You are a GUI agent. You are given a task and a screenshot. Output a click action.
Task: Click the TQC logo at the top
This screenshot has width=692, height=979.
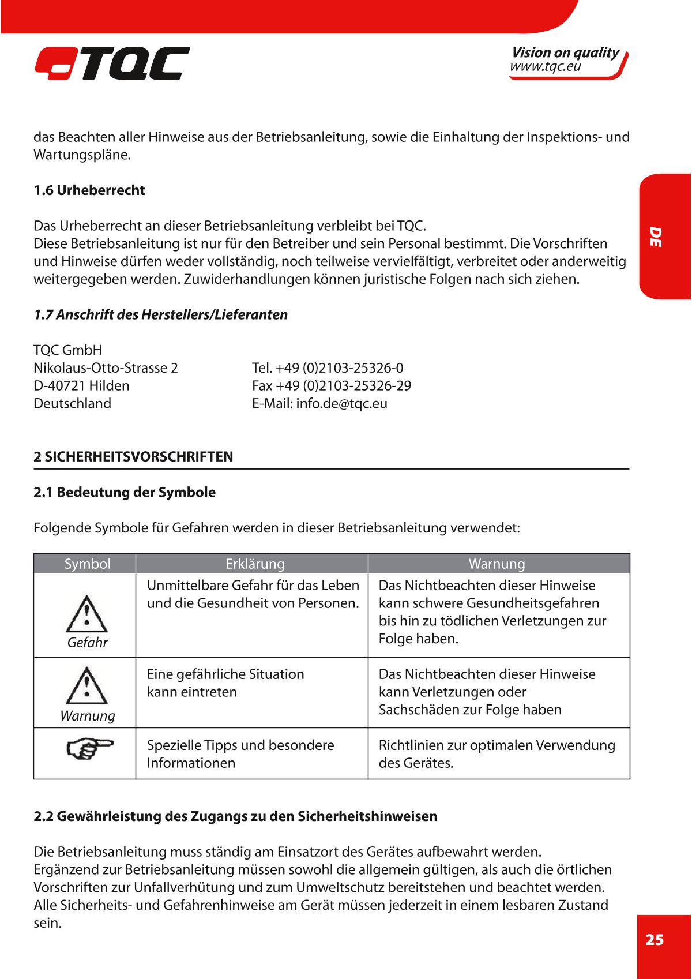(x=112, y=63)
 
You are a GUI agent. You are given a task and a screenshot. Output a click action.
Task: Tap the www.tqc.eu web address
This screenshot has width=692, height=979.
(x=545, y=67)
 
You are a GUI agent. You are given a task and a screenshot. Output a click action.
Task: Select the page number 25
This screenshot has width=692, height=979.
(x=655, y=940)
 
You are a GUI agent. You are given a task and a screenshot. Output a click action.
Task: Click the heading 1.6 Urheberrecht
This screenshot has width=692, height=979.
(x=89, y=190)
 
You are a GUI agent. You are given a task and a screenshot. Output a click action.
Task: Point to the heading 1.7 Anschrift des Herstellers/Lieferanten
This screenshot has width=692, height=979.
(x=160, y=315)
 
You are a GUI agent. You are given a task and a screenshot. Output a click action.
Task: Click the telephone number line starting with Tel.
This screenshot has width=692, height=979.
(x=328, y=368)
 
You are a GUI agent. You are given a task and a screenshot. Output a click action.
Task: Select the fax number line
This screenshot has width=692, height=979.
(x=332, y=385)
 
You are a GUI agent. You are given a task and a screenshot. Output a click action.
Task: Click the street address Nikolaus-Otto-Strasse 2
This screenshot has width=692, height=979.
(x=106, y=368)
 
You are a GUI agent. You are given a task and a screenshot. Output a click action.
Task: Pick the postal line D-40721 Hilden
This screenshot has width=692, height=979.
(x=81, y=385)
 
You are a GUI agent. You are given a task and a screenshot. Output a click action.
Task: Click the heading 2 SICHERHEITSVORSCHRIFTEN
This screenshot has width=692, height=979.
(x=133, y=457)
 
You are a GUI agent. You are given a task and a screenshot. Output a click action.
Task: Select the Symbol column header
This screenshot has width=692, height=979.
(x=87, y=564)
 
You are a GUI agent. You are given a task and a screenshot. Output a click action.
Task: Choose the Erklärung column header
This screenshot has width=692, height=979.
(x=255, y=564)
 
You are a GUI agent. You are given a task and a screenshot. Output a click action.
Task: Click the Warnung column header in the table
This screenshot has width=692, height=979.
(x=497, y=564)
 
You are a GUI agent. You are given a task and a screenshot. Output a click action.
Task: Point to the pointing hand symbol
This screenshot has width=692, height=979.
(x=89, y=748)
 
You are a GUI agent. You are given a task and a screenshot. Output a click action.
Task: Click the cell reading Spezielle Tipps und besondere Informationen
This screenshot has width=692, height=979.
(x=240, y=753)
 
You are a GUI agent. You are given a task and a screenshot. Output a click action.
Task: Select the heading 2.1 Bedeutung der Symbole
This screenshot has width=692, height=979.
(x=125, y=493)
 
